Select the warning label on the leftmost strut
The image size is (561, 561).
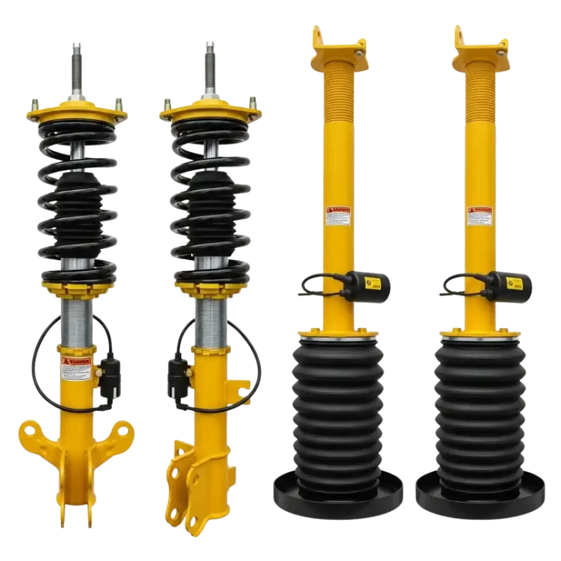click(x=76, y=368)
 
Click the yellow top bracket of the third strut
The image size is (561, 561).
click(x=338, y=46)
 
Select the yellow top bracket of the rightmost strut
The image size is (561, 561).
click(x=480, y=46)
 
